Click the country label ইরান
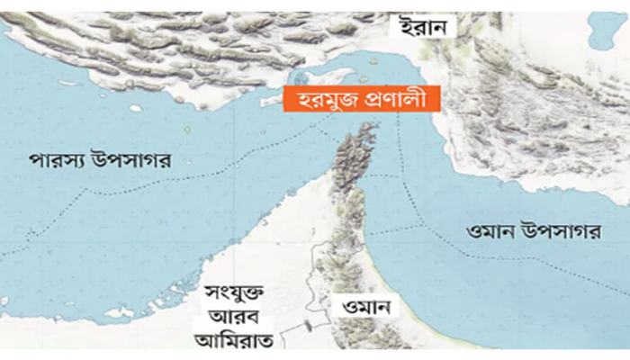pyautogui.click(x=423, y=26)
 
